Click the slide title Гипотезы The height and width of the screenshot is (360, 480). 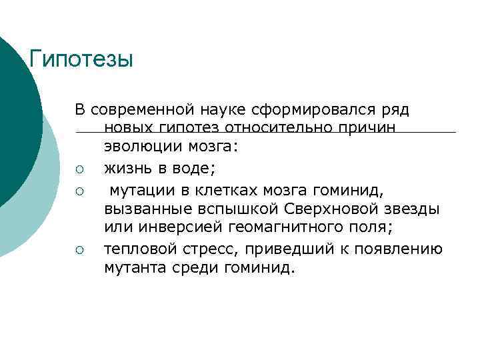(x=82, y=59)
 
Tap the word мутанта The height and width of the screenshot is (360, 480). (x=133, y=268)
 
